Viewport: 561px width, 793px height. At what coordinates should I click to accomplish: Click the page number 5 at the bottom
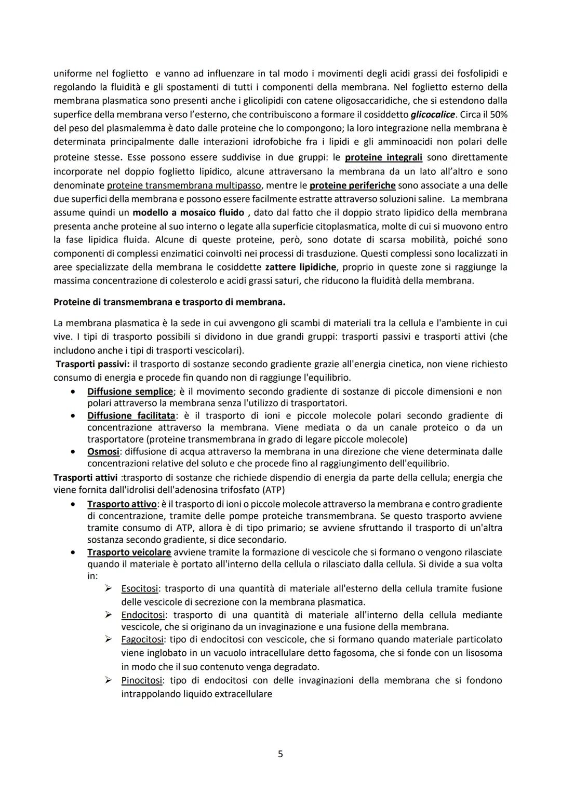pos(280,754)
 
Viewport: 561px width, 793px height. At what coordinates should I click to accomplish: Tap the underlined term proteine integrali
pos(383,157)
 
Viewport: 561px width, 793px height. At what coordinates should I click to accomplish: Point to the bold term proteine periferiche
pos(352,185)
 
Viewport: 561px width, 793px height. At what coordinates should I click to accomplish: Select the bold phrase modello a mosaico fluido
pos(188,212)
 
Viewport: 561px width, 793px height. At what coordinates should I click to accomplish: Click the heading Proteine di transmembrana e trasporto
pos(169,302)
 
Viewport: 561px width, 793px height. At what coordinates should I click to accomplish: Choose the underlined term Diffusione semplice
pos(130,392)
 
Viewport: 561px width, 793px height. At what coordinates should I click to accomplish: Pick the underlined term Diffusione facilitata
pos(131,415)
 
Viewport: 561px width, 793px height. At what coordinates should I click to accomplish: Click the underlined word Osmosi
pos(103,451)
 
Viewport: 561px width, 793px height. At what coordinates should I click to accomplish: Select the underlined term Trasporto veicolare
pos(129,552)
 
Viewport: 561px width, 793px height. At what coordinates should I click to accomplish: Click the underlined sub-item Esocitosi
pos(139,588)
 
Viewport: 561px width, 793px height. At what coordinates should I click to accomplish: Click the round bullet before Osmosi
pos(76,452)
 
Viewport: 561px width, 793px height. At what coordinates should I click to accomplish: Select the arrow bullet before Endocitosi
pos(109,614)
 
